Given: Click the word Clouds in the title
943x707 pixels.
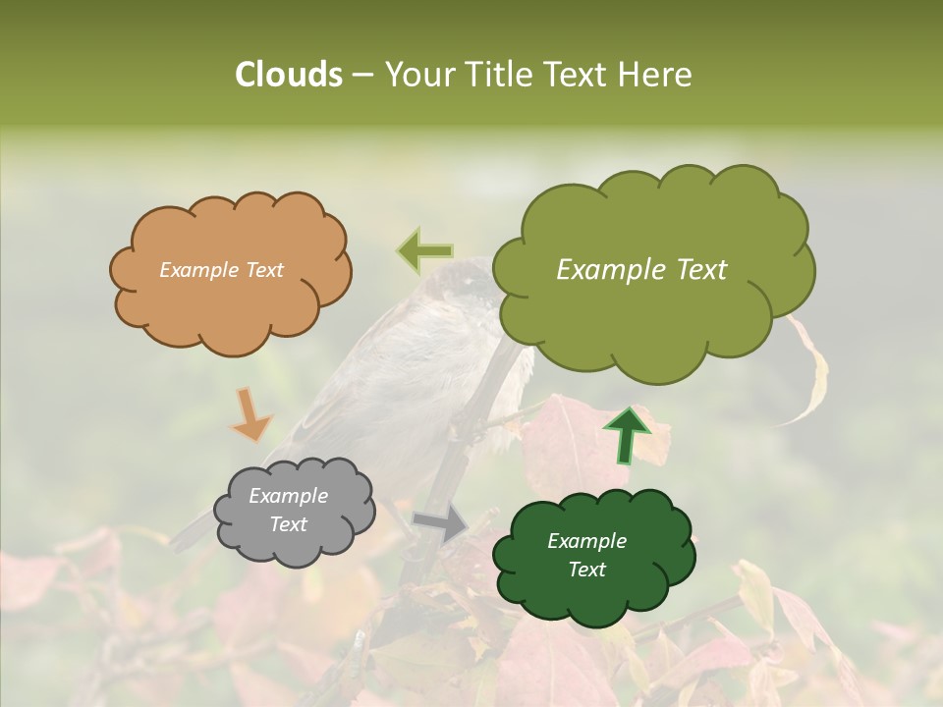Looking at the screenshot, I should click(x=288, y=75).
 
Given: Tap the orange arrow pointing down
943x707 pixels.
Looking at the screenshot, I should click(x=250, y=413).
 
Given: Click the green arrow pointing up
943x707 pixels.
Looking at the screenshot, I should click(x=627, y=434).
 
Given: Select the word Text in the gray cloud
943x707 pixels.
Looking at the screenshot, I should click(x=289, y=524).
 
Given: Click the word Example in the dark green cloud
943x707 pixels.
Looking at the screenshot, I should click(x=586, y=541).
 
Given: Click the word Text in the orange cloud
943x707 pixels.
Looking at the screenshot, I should click(x=263, y=270).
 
